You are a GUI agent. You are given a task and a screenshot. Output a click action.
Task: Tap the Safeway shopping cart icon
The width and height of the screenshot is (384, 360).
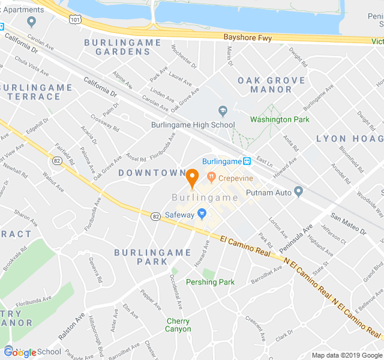tap(202, 214)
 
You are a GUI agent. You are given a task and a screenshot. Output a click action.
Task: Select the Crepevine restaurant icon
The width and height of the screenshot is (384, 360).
tap(211, 178)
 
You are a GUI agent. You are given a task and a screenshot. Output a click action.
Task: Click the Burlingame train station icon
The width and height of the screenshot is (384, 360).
tap(247, 161)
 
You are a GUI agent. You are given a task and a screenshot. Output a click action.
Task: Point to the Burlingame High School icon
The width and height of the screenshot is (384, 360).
tap(223, 111)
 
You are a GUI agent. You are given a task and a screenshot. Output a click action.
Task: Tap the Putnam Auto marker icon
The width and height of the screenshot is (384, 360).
tap(299, 192)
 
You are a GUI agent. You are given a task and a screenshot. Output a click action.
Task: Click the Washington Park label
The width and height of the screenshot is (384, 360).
tap(280, 119)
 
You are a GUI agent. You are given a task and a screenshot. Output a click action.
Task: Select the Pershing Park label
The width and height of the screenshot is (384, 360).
tap(210, 282)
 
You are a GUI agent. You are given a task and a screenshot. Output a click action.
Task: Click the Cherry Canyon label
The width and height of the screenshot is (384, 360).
tap(178, 325)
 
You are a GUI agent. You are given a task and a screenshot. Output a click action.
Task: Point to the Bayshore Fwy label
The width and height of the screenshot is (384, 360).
tap(247, 38)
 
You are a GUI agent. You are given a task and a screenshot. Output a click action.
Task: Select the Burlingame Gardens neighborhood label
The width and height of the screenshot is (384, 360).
tap(122, 47)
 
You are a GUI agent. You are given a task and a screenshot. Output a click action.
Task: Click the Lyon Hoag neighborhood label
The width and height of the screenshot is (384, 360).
tap(350, 139)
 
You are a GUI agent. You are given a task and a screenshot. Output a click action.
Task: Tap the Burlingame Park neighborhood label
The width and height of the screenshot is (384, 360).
tap(142, 257)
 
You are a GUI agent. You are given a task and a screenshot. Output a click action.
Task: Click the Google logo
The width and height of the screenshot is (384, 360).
tap(20, 353)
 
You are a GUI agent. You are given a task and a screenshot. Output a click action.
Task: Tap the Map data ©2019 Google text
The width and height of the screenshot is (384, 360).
tap(346, 355)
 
